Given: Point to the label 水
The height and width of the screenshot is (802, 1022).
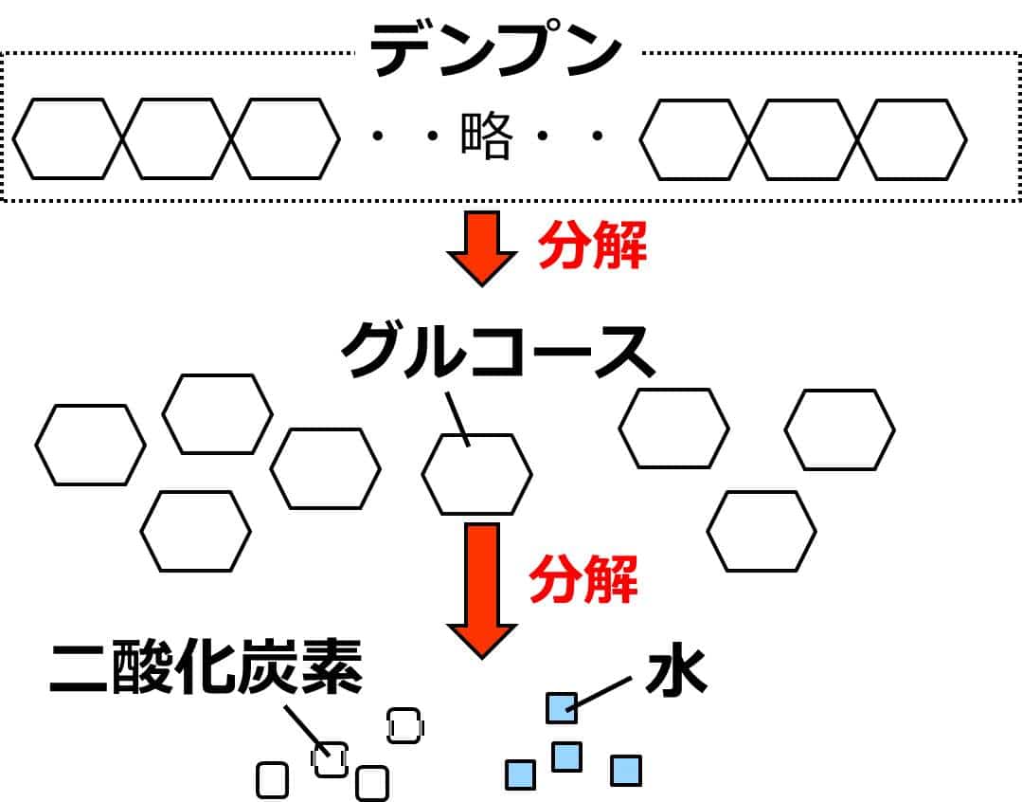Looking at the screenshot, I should (676, 672).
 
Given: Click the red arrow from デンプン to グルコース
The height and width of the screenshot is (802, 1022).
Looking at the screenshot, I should (481, 246).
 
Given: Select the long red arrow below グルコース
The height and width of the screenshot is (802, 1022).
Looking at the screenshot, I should (481, 589).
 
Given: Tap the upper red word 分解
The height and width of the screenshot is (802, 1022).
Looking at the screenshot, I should (593, 249).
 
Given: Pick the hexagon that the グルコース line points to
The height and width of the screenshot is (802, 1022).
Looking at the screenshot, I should (476, 474).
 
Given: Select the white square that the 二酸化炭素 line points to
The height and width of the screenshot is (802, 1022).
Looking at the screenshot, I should (331, 759).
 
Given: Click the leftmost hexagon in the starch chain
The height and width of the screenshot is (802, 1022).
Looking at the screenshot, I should (68, 139).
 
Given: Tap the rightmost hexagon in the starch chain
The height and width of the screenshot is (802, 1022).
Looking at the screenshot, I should (912, 139).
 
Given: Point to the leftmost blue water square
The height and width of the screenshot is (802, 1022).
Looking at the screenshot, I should (520, 775).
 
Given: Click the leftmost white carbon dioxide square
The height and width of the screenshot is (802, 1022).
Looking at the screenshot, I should (272, 780).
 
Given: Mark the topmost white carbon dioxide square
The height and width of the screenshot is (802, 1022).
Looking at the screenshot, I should (404, 725).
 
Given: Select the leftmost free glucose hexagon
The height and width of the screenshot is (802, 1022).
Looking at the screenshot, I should (91, 445).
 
